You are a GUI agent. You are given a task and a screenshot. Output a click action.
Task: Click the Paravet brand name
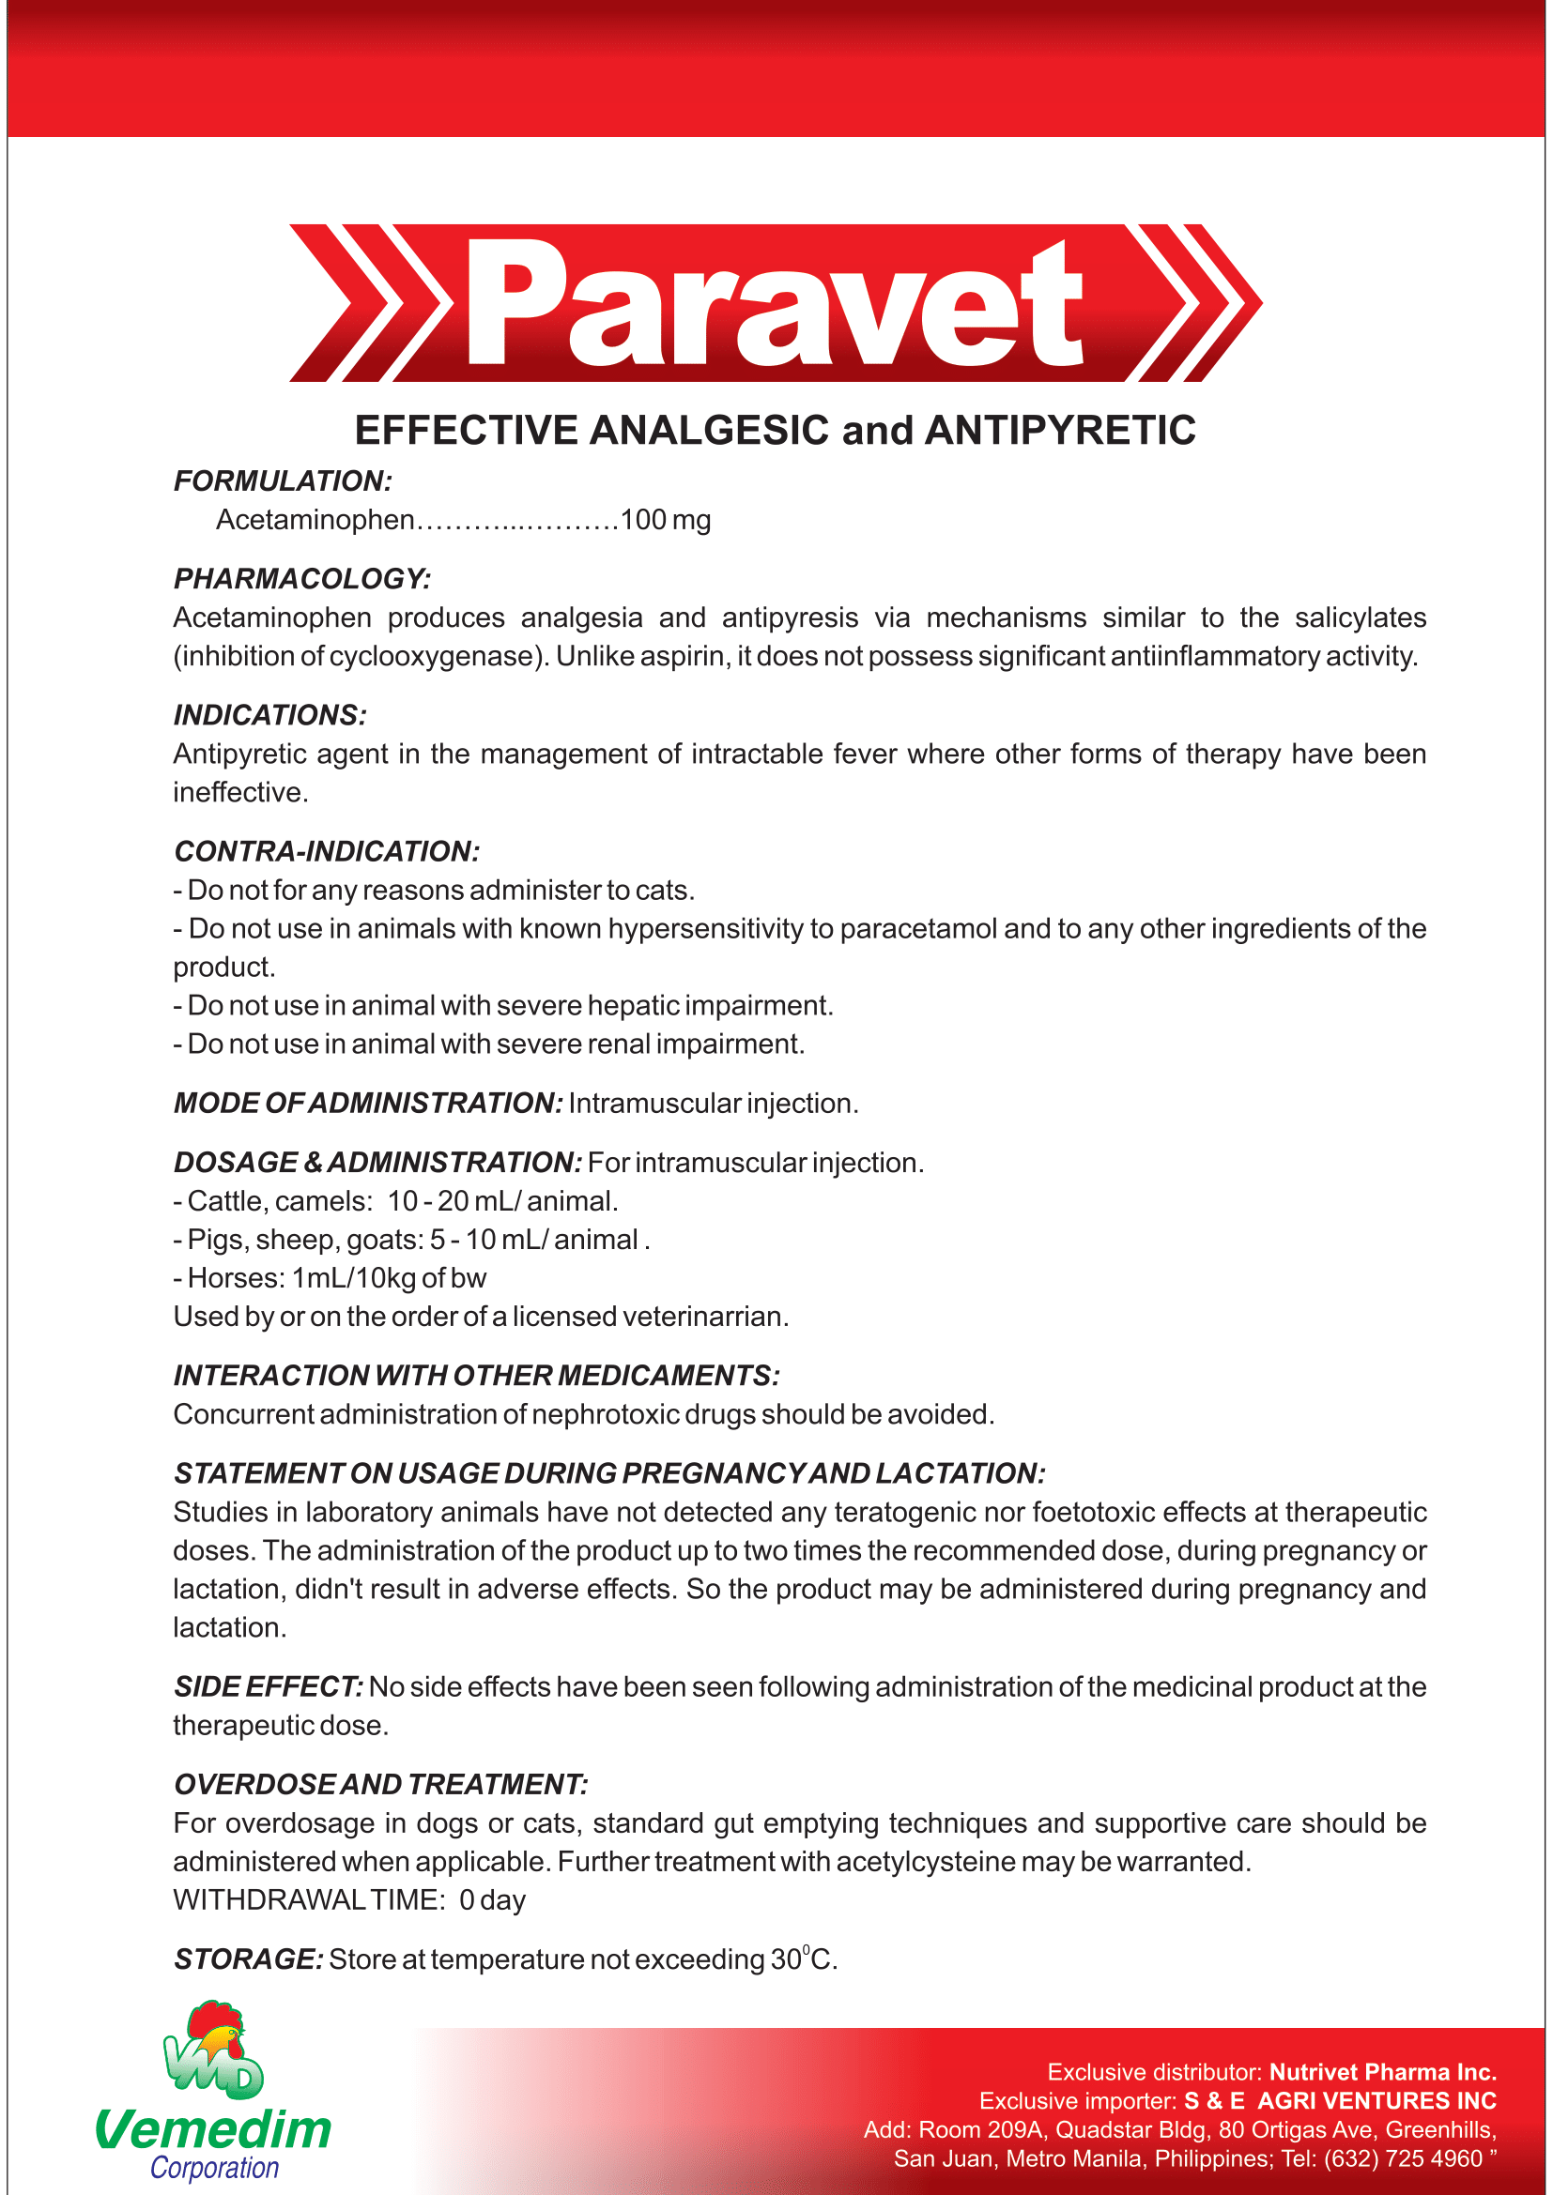point(775,304)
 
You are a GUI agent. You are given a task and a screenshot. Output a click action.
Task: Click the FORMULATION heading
point(282,480)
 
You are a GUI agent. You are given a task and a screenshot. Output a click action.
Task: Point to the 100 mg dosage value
point(666,520)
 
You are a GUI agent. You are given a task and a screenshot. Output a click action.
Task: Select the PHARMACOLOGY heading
point(302,578)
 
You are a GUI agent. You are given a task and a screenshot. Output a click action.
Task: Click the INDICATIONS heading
point(269,715)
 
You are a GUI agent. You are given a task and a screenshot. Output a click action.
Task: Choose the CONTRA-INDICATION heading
point(326,851)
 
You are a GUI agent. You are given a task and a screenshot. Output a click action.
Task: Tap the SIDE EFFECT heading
point(268,1686)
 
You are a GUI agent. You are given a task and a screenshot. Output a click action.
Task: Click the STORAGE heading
point(248,1959)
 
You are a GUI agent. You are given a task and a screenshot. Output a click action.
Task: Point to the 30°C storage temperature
point(804,1959)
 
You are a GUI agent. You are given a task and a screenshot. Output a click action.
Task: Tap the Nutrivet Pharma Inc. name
point(1382,2072)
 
